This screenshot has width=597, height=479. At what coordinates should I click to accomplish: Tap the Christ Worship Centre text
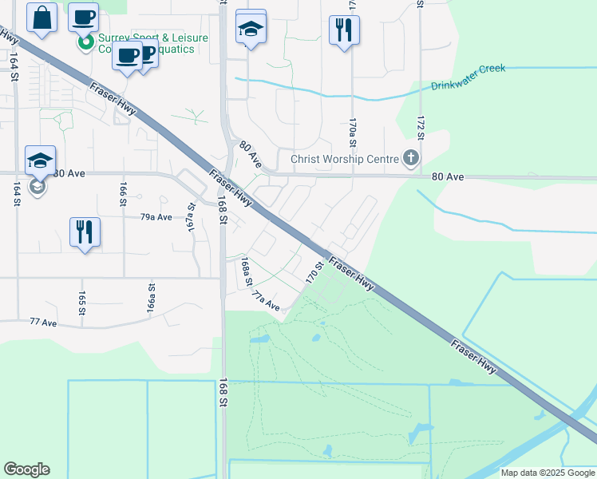coord(344,159)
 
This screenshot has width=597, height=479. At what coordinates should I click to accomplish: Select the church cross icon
coord(411,158)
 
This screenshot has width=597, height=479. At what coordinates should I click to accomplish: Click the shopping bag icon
coord(42,17)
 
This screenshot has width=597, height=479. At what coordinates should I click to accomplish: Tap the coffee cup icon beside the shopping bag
coord(83,17)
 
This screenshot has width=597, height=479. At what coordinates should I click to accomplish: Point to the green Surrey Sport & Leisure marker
coord(87,42)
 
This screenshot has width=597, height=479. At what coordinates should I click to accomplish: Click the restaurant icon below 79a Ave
coord(84,232)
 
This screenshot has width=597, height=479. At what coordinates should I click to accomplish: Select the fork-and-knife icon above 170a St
coord(344,30)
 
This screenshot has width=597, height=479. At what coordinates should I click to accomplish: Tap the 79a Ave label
coord(156,217)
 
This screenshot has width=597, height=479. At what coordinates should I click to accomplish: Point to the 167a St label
coord(192,215)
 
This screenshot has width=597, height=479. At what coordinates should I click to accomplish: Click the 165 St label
coord(81,303)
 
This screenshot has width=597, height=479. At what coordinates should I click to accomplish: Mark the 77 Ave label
coord(43,323)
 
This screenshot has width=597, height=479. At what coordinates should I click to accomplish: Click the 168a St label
coord(247,271)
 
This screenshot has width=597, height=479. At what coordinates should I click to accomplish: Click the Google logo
coord(26,469)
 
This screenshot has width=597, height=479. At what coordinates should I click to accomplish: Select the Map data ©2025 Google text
coord(547,473)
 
